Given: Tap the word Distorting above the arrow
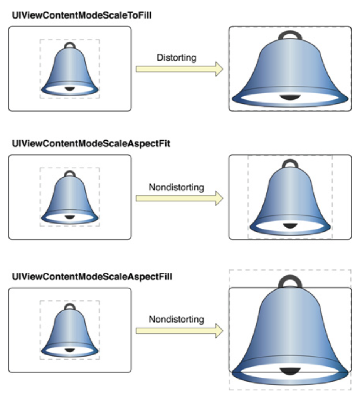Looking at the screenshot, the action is pyautogui.click(x=177, y=58).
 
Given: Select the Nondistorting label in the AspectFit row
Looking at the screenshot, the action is pyautogui.click(x=176, y=188).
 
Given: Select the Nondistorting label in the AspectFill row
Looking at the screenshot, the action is pyautogui.click(x=176, y=320).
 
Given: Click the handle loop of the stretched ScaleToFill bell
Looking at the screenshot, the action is pyautogui.click(x=290, y=34).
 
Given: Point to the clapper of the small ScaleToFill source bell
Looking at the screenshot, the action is pyautogui.click(x=70, y=89).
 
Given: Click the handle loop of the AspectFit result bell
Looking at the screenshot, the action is pyautogui.click(x=290, y=164).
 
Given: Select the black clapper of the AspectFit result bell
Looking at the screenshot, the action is pyautogui.click(x=290, y=225).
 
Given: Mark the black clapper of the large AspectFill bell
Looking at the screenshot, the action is pyautogui.click(x=290, y=371).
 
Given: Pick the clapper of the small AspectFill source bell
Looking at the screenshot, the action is pyautogui.click(x=70, y=350).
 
